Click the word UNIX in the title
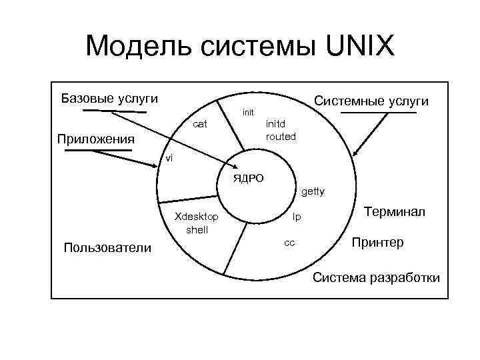coord(352,47)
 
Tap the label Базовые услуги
coord(109,99)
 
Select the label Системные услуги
coord(371,101)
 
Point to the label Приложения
coord(95,139)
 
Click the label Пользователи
coord(107,248)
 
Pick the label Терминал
coord(394,211)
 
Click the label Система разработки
coord(377,277)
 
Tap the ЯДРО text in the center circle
coord(248,178)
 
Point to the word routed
coord(281,136)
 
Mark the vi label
coord(169,157)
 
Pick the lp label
coord(297,217)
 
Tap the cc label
coord(289,242)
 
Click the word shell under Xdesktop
coord(197,229)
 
